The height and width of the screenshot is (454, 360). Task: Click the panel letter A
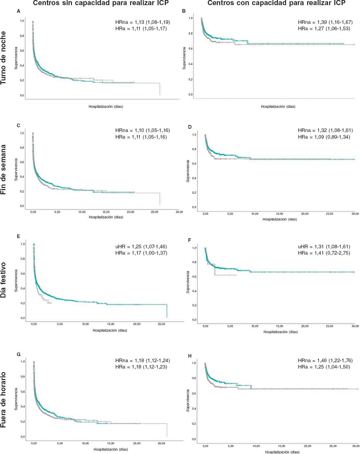click(19, 11)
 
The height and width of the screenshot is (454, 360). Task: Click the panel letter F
click(189, 240)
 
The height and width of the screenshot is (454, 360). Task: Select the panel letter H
click(190, 356)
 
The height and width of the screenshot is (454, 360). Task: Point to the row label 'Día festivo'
click(4, 280)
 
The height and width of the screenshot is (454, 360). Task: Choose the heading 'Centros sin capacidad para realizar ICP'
click(101, 3)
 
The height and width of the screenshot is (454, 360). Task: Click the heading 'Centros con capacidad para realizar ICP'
click(276, 3)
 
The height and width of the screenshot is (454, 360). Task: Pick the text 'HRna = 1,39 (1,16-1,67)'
click(325, 22)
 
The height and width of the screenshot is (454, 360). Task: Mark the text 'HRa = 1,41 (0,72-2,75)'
click(324, 253)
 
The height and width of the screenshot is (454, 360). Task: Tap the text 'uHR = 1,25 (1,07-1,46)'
click(141, 246)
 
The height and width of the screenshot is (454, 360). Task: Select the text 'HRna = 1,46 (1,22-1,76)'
click(325, 360)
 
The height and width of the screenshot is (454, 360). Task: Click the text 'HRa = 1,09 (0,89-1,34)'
click(324, 137)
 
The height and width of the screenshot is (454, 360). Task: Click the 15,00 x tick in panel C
click(106, 212)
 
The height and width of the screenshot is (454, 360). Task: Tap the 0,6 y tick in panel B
click(191, 49)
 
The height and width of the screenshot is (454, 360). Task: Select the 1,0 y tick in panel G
click(23, 362)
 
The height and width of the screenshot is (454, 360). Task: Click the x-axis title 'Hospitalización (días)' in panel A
click(106, 107)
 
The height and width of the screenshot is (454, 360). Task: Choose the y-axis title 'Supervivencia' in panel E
click(16, 281)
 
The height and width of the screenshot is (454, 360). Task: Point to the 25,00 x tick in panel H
click(333, 446)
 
